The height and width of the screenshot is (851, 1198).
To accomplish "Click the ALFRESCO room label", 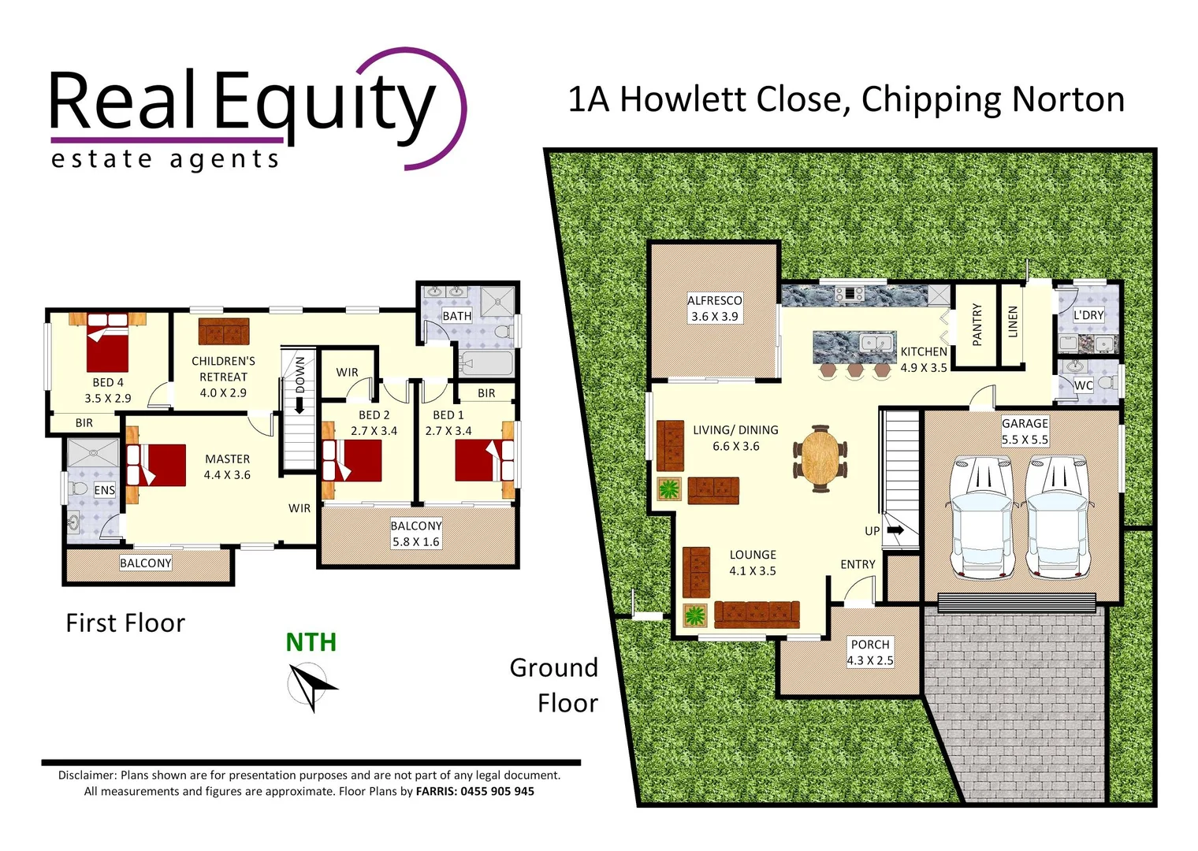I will [714, 300].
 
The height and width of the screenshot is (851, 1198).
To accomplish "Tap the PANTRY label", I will [977, 325].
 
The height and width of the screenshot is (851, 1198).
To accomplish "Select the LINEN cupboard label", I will [1013, 322].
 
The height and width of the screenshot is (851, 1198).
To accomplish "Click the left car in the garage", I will [980, 516].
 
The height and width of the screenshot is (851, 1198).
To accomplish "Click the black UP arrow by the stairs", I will [895, 530].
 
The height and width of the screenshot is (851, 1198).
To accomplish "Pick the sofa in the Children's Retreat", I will [224, 332].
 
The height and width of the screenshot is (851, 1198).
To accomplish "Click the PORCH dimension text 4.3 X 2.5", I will [870, 660].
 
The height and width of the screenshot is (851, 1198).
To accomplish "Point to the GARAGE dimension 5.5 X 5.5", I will [1025, 440].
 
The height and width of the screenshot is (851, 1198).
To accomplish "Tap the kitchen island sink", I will [876, 344].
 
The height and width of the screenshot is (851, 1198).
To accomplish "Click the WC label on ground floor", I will [1083, 385].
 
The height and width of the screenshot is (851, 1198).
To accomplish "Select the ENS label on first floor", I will [104, 490].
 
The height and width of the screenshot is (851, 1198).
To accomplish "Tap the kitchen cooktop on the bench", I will [849, 295].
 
